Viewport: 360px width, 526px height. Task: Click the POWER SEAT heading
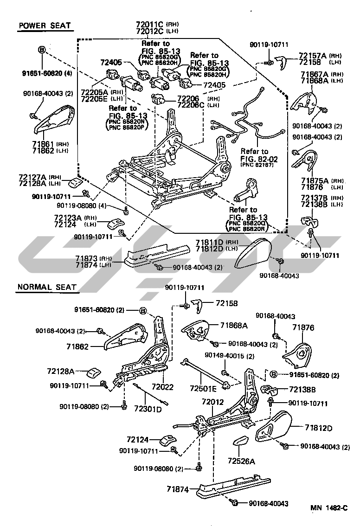coord(45,26)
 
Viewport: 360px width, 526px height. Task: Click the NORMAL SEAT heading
coord(46,288)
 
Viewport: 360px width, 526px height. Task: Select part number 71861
coord(44,144)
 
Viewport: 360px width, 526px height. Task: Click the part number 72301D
coord(148,409)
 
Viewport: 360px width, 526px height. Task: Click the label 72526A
coord(242,461)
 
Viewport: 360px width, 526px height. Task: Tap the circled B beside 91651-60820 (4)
coord(42,50)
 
